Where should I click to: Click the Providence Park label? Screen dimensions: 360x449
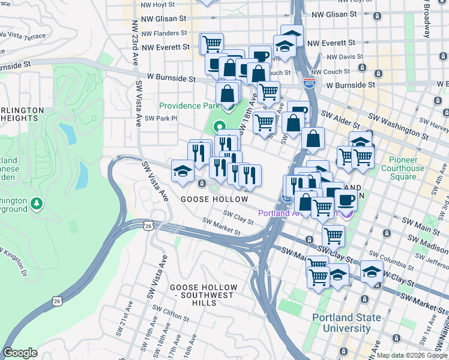(188, 106)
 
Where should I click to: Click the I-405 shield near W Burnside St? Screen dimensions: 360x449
(309, 83)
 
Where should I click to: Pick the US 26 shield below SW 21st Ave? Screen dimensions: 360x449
(56, 300)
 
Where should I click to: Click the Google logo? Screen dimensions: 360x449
(20, 352)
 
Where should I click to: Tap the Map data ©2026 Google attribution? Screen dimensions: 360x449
(411, 355)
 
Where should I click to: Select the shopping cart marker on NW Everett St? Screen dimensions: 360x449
(211, 43)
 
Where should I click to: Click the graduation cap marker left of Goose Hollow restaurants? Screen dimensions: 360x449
(183, 170)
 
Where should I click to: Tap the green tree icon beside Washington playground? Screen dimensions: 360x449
(38, 204)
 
